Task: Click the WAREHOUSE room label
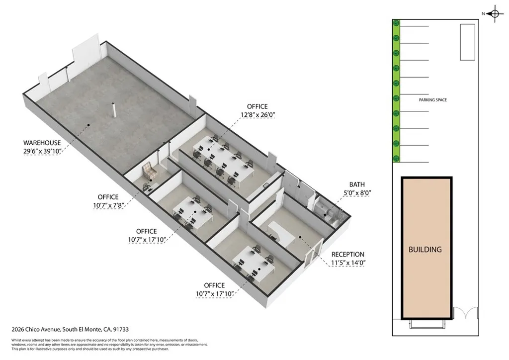(42, 143)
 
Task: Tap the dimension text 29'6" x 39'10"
(42, 152)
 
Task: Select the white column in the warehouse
(115, 110)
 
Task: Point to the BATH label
(357, 183)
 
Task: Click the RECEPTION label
(348, 254)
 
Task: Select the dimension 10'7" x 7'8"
(108, 206)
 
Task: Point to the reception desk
(281, 230)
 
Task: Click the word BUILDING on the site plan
(425, 249)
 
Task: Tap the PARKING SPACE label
(432, 100)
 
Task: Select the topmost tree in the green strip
(396, 23)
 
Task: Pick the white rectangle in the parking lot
(467, 42)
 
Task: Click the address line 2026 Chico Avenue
(70, 329)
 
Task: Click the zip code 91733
(121, 329)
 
